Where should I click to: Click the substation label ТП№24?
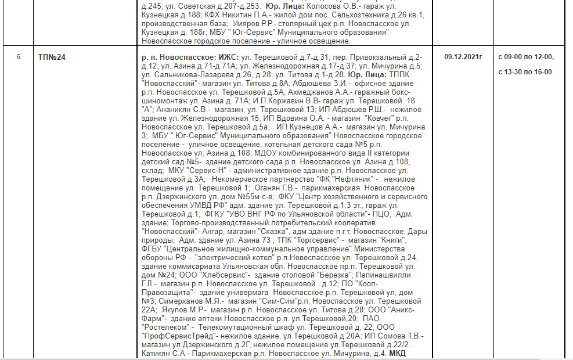pos(52,57)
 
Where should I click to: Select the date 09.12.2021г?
pos(463,57)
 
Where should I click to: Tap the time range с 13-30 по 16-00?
pos(525,72)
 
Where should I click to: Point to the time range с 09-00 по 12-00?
pos(526,57)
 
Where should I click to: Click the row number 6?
pos(19,57)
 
